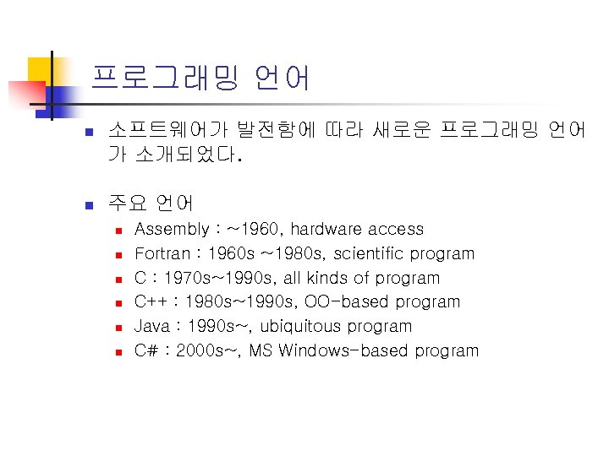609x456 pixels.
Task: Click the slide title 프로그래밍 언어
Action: point(200,78)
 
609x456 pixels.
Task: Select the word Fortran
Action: point(162,253)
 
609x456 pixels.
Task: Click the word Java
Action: point(152,326)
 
